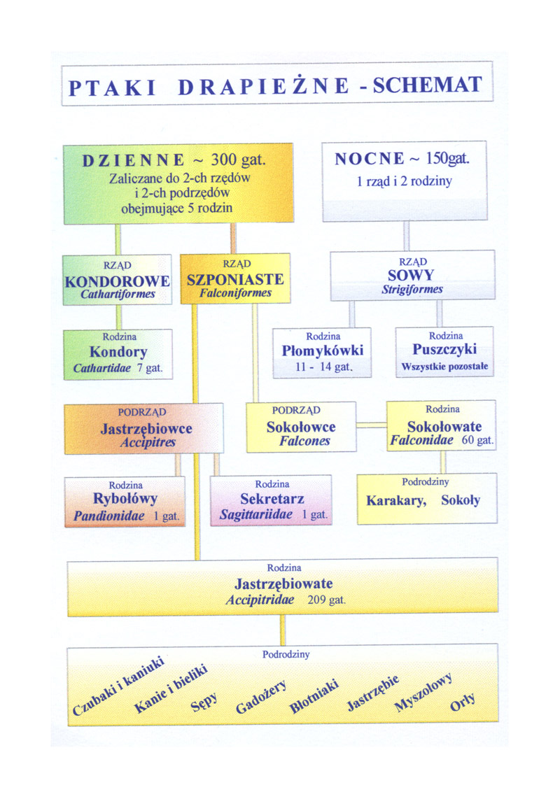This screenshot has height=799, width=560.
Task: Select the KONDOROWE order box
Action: click(117, 280)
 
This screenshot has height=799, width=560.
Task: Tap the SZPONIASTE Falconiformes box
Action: click(235, 279)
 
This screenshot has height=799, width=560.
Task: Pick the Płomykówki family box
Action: click(322, 352)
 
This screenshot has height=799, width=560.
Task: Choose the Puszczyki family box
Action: click(444, 351)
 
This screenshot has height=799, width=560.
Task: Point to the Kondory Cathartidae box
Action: click(118, 354)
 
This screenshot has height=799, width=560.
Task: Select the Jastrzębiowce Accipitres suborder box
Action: click(144, 428)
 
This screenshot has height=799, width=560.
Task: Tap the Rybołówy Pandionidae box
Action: click(125, 501)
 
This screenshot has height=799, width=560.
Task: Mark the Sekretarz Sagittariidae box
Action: click(271, 500)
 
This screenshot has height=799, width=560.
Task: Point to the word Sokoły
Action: click(461, 501)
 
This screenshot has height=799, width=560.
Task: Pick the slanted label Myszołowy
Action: click(423, 693)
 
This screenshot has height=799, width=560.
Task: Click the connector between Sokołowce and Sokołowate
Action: click(371, 425)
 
